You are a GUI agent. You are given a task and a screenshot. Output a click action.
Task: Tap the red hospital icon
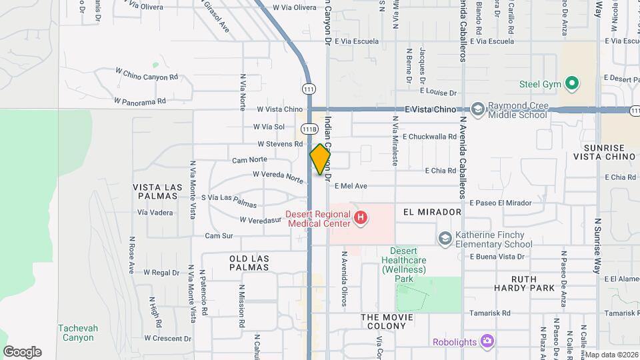361,217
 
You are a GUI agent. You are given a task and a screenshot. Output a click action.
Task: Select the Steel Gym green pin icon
571,84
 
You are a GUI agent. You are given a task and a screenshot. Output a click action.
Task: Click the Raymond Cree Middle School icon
477,109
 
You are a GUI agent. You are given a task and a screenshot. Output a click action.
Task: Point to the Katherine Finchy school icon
445,238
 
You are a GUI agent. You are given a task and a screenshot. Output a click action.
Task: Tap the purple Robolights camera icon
488,341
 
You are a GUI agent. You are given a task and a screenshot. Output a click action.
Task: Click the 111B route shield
309,129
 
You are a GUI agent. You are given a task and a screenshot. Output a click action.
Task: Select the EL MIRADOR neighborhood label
432,212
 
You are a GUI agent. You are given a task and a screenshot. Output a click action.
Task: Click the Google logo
22,352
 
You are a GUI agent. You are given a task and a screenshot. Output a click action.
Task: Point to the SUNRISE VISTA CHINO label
604,152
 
